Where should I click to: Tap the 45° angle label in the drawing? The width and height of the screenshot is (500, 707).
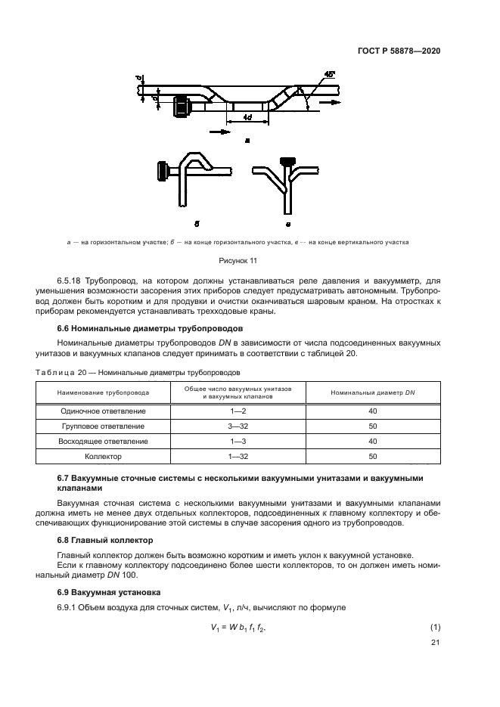pos(328,76)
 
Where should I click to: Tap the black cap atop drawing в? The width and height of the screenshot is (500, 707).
pos(287,162)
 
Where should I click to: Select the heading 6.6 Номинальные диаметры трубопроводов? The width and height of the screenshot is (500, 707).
pos(151,329)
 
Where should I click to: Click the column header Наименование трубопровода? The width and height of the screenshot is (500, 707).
pos(104,392)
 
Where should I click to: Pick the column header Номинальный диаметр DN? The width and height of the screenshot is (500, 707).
pos(372,392)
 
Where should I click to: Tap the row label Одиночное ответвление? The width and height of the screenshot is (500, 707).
pos(104,411)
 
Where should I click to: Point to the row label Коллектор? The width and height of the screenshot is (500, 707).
pos(104,456)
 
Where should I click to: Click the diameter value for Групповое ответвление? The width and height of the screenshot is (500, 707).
pos(372,426)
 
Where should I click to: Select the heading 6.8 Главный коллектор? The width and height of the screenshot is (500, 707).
pos(105,540)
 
